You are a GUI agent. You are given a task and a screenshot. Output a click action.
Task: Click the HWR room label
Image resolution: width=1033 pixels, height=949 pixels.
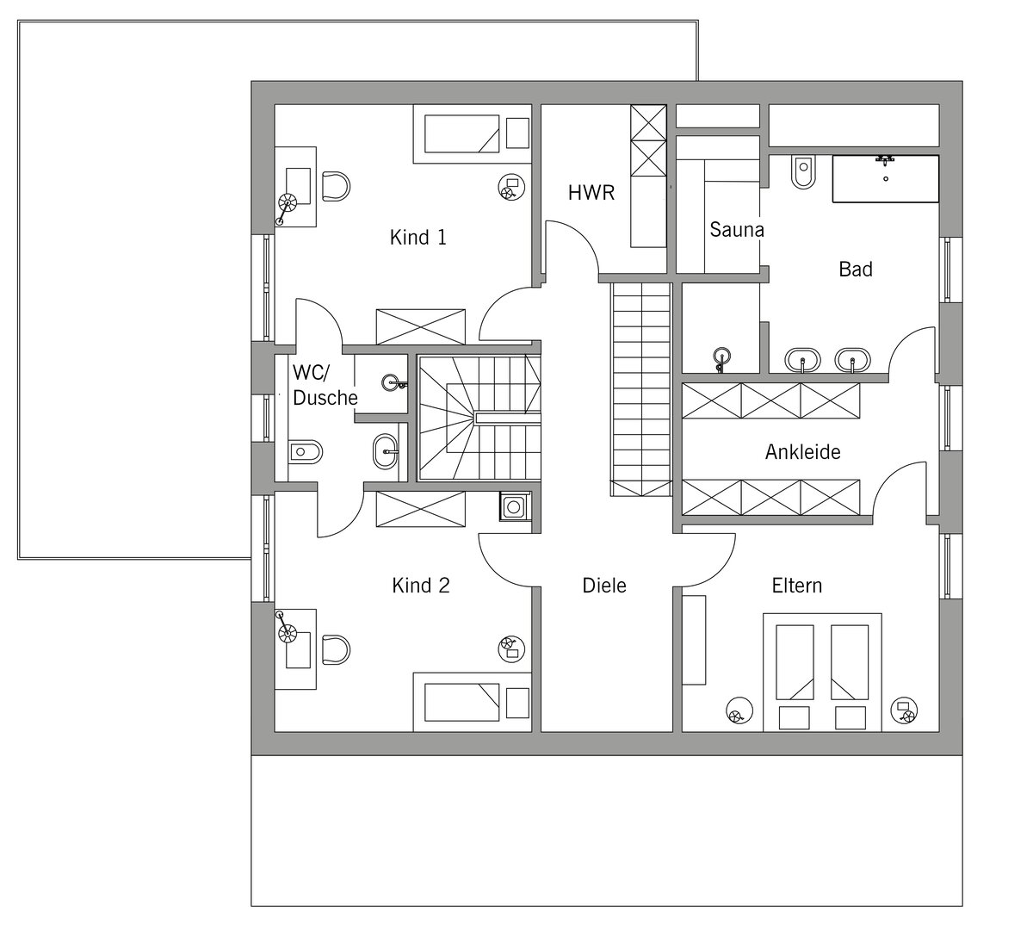591,193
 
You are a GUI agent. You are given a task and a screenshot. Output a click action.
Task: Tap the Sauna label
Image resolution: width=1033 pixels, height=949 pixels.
736,230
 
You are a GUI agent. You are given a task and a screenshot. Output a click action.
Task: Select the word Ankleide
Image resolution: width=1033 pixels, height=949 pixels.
803,452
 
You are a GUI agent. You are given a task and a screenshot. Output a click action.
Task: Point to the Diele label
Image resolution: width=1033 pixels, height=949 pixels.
604,586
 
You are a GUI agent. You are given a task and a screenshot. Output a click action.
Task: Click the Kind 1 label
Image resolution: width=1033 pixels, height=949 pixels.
418,238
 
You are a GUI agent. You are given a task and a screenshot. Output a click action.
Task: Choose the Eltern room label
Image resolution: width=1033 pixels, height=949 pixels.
796,586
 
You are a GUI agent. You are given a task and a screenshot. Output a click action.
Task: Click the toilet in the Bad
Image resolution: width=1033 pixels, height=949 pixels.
803,171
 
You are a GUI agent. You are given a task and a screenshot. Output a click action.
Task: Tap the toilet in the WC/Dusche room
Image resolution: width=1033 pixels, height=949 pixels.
306,452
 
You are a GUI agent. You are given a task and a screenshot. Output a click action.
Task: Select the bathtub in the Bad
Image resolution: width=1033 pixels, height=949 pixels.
886,178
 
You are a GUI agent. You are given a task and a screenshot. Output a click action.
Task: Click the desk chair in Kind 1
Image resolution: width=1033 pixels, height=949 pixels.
337,186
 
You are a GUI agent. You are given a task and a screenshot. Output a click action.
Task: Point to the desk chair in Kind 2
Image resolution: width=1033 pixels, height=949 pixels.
337,649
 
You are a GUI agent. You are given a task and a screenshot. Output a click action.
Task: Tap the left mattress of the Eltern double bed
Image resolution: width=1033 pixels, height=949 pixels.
795,662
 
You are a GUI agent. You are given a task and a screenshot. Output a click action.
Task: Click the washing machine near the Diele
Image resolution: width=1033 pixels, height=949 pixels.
514,506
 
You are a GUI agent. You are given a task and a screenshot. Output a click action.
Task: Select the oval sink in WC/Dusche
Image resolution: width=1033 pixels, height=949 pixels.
385,452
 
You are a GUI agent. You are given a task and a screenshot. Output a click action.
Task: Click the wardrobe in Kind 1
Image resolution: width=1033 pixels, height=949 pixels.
421,326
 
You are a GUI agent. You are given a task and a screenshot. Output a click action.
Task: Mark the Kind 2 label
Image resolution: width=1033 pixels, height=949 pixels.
421,586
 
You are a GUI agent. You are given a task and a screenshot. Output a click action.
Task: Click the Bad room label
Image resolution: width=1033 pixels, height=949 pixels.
856,269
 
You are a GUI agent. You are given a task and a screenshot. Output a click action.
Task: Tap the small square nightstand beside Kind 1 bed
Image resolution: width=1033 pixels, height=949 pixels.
517,133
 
